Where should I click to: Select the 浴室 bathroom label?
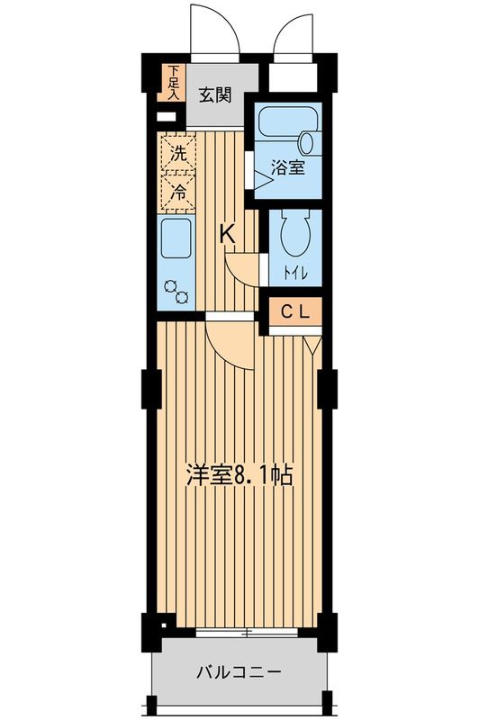[x=288, y=166]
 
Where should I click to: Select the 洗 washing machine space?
[x=179, y=153]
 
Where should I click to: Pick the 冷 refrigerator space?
[x=179, y=190]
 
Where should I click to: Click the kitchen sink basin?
[x=176, y=240]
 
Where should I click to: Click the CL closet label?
[x=296, y=312]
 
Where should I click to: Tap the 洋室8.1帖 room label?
[x=239, y=475]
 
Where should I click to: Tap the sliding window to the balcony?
[x=247, y=633]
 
